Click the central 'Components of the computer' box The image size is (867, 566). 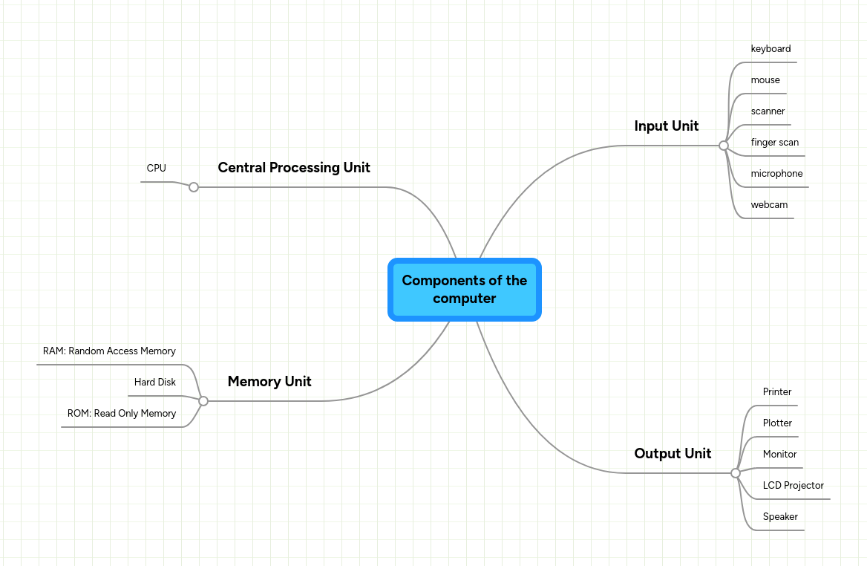[464, 290]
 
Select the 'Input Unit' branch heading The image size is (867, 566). [666, 126]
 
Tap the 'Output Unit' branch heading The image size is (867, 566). [673, 453]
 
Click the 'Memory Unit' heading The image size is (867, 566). [269, 381]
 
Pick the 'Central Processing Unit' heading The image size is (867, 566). [294, 167]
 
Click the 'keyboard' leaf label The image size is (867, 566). [771, 48]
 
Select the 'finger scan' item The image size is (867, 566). [774, 142]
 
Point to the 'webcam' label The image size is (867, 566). [769, 204]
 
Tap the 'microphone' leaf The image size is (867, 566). [776, 173]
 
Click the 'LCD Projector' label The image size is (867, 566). [793, 485]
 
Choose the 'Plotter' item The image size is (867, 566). [777, 423]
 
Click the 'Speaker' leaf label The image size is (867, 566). [780, 516]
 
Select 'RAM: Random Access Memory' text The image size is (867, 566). [109, 351]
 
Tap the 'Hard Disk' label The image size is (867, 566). [155, 382]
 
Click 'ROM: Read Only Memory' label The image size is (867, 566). [122, 413]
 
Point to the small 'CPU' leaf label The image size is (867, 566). [157, 168]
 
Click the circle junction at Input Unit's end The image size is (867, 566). [724, 146]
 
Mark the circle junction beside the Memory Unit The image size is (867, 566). [203, 401]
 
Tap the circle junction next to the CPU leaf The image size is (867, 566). [194, 187]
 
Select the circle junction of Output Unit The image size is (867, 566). [736, 473]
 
